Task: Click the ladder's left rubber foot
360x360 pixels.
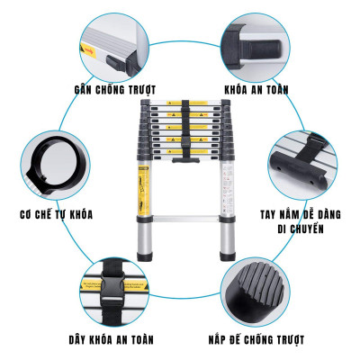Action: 144,255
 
